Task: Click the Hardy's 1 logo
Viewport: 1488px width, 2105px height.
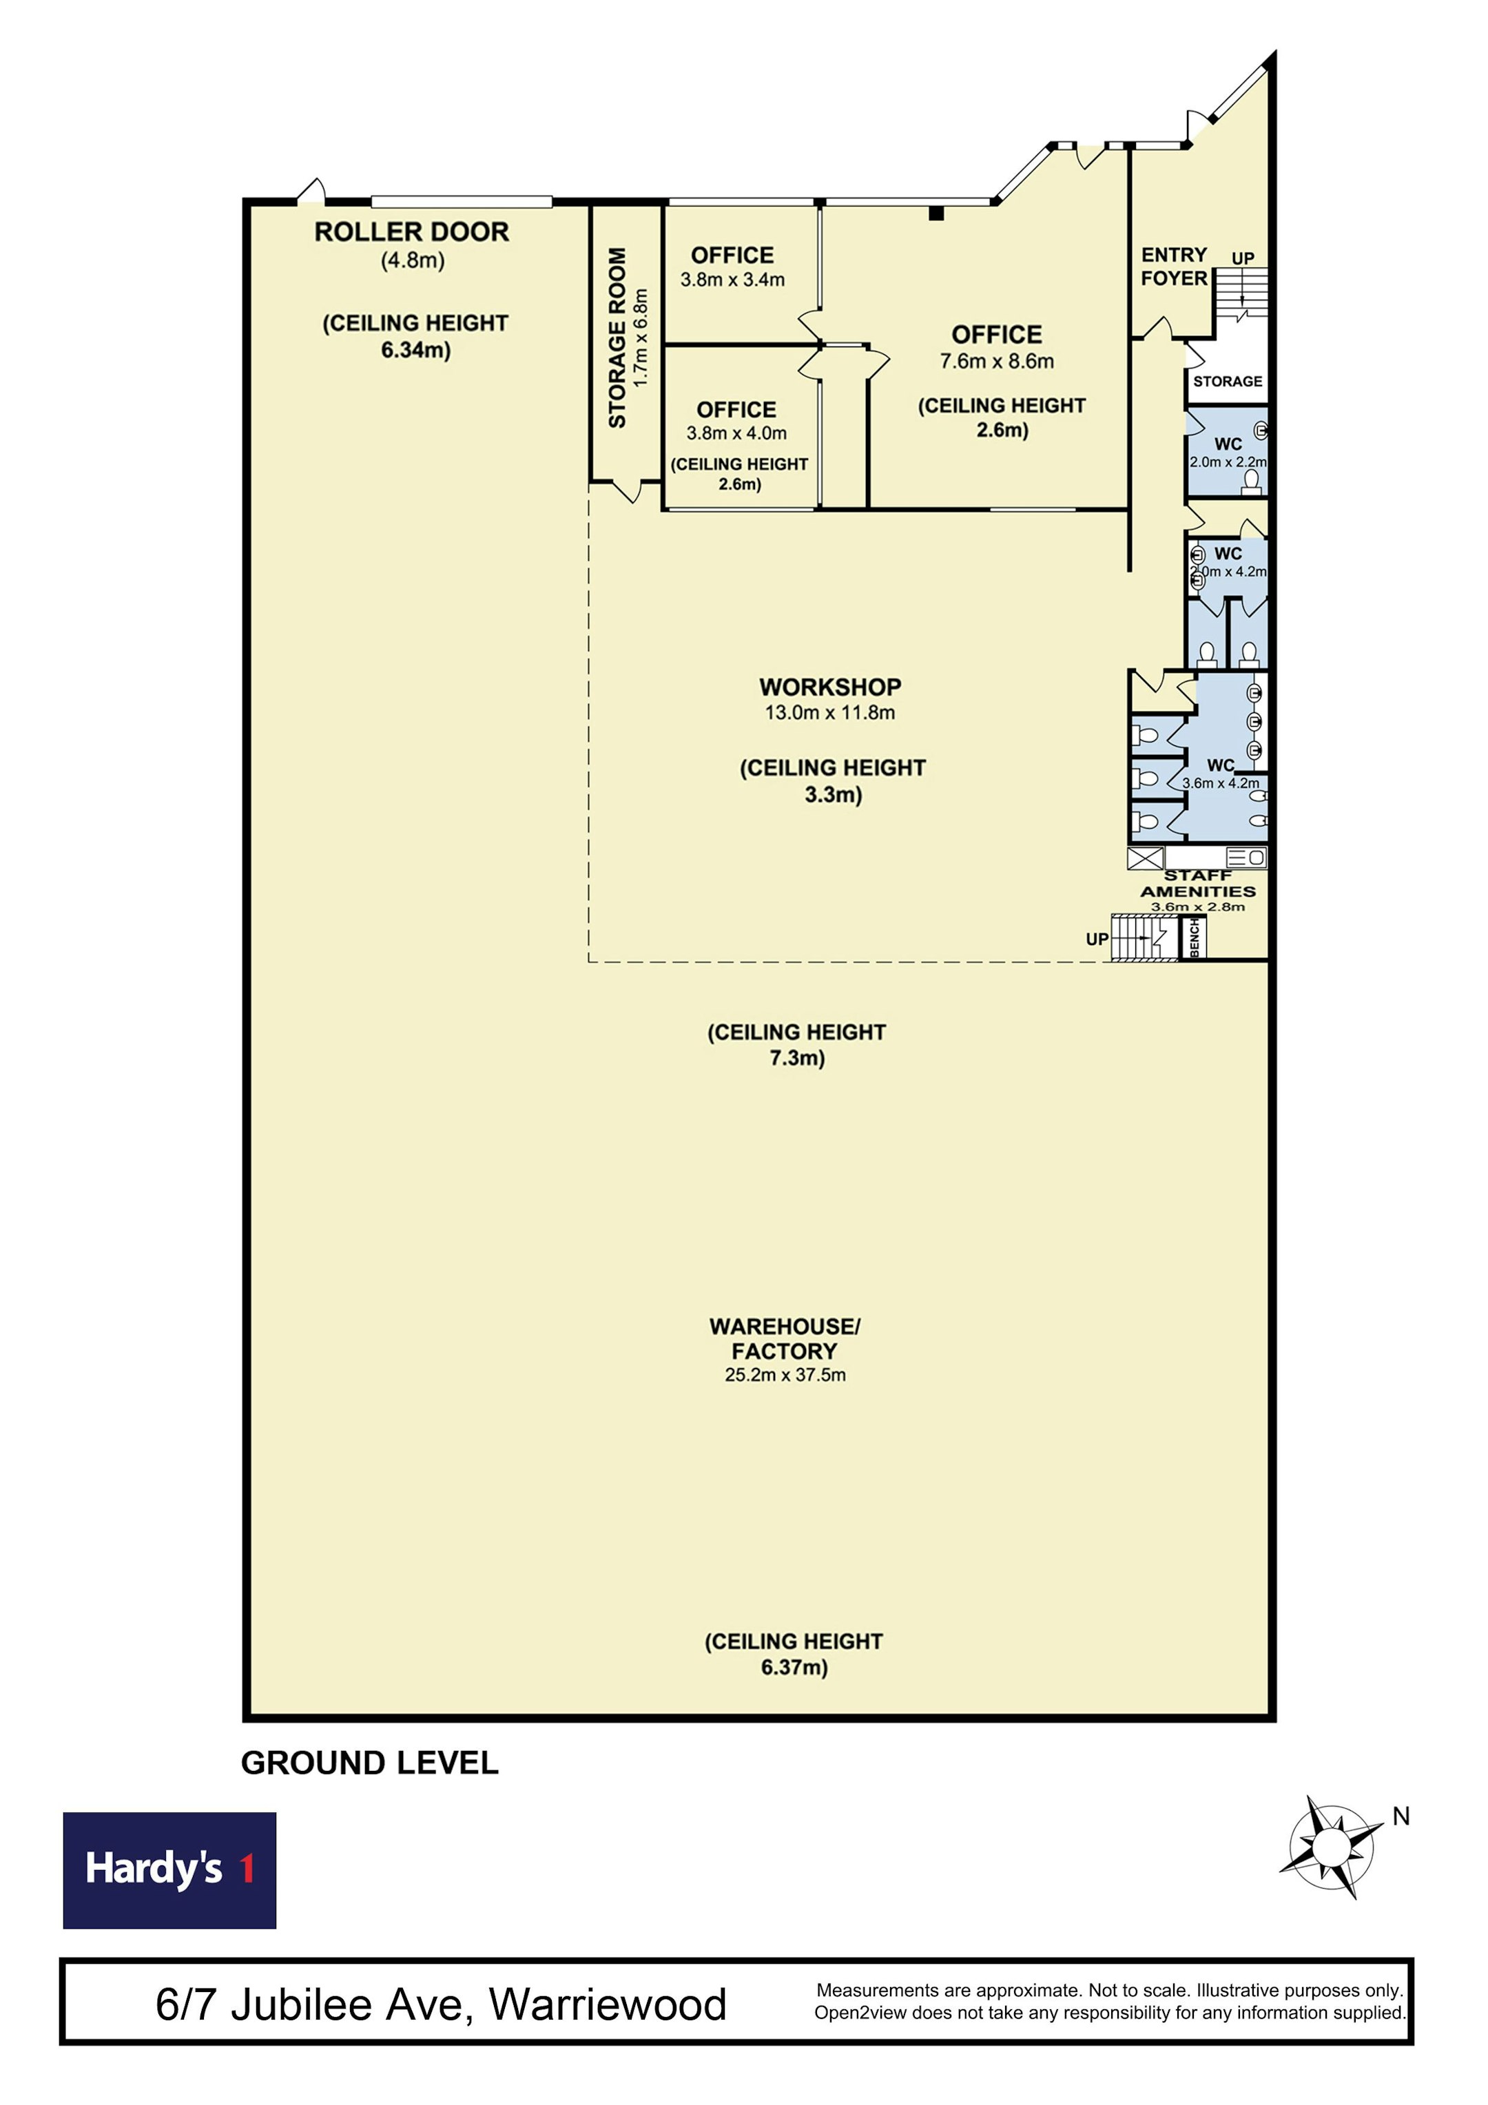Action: point(169,1869)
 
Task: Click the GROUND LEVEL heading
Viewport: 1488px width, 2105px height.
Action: point(369,1763)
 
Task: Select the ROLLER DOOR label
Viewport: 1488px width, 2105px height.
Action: point(412,232)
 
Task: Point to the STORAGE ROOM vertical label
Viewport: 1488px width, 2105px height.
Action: point(617,338)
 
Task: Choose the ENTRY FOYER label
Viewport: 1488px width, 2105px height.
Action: point(1174,266)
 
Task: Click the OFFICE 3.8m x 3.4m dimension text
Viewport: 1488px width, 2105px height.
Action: point(732,280)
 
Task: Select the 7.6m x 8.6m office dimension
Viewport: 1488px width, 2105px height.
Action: point(997,361)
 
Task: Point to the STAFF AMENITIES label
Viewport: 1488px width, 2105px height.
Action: point(1198,884)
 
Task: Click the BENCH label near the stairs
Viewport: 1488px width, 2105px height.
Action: point(1195,937)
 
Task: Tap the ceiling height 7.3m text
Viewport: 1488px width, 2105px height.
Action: point(797,1045)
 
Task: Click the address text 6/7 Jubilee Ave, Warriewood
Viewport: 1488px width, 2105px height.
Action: point(441,2004)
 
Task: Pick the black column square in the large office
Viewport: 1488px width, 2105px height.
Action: point(936,214)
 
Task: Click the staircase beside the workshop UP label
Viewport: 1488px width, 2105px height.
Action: point(1144,938)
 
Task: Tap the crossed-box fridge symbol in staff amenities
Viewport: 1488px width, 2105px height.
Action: point(1145,858)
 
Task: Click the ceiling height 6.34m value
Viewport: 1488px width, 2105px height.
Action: point(416,350)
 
